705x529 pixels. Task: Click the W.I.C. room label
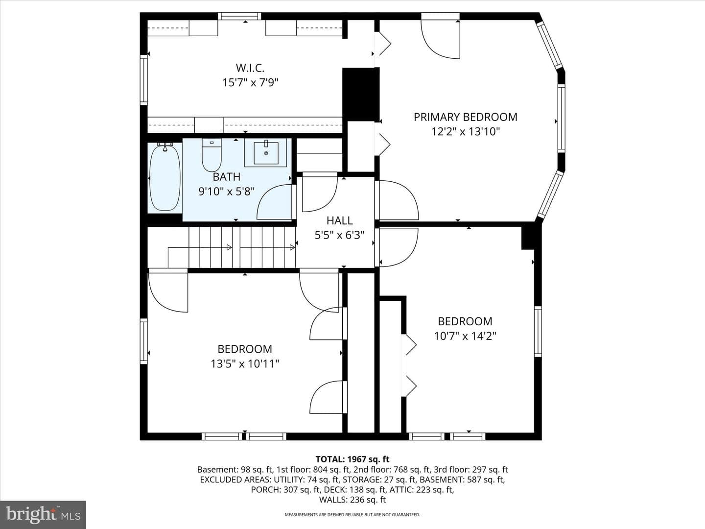click(250, 68)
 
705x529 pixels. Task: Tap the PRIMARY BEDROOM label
click(466, 117)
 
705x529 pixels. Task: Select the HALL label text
click(339, 220)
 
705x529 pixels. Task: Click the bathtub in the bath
click(165, 177)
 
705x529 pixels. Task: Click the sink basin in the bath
click(266, 153)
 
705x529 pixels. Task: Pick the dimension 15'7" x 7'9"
click(250, 83)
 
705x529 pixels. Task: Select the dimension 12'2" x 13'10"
click(466, 132)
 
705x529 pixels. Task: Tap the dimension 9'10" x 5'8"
click(227, 192)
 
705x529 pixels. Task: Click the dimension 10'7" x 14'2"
click(465, 336)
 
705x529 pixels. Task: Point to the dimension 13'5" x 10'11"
click(245, 363)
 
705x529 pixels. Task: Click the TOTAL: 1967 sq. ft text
click(352, 459)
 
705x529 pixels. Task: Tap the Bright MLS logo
click(43, 514)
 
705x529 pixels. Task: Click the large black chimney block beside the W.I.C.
click(361, 95)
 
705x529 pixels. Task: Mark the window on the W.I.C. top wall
click(239, 16)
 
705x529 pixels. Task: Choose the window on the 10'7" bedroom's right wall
click(538, 332)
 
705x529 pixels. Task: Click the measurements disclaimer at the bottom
click(352, 515)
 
